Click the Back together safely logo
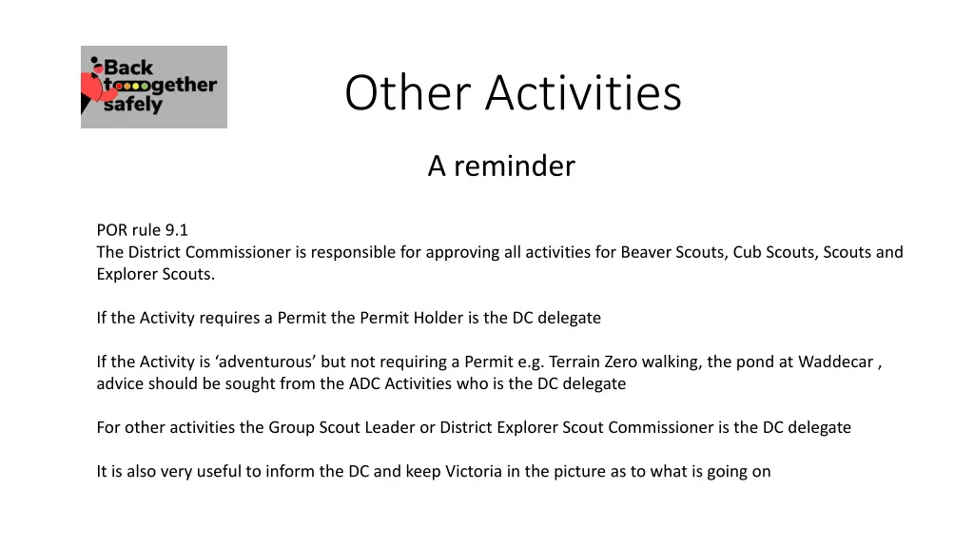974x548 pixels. (x=154, y=87)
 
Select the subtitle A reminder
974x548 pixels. (x=501, y=166)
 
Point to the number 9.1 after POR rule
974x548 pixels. (x=177, y=229)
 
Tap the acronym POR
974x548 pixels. (x=111, y=229)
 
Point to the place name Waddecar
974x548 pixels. (x=835, y=362)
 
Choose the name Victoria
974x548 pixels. (x=474, y=471)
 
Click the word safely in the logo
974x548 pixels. (x=132, y=105)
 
